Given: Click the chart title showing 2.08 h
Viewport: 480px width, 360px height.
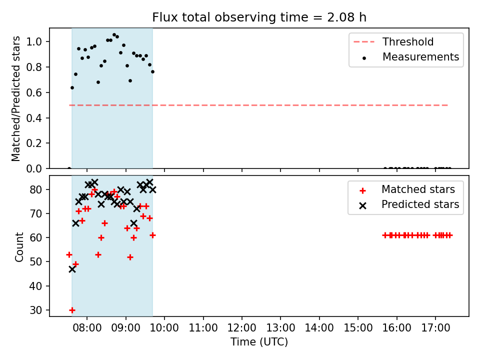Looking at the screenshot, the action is pyautogui.click(x=259, y=17).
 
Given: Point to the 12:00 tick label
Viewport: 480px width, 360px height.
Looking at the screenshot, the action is pyautogui.click(x=242, y=328).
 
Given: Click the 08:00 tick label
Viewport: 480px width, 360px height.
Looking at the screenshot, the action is pyautogui.click(x=87, y=328).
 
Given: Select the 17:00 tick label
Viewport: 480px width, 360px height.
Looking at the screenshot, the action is pyautogui.click(x=435, y=328).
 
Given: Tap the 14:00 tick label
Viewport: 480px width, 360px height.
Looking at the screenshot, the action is pyautogui.click(x=319, y=328).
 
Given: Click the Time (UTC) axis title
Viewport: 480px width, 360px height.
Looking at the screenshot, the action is pyautogui.click(x=259, y=342).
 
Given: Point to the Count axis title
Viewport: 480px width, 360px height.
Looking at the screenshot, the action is pyautogui.click(x=19, y=247).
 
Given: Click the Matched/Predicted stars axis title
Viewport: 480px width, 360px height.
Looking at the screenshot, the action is pyautogui.click(x=16, y=98).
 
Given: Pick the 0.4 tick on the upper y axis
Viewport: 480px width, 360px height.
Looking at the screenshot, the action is pyautogui.click(x=34, y=118).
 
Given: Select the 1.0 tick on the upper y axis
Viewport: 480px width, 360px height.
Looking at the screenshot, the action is pyautogui.click(x=34, y=41).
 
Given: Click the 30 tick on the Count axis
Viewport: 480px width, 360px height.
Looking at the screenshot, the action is pyautogui.click(x=36, y=310).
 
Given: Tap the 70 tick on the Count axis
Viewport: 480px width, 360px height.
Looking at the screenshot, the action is pyautogui.click(x=36, y=213).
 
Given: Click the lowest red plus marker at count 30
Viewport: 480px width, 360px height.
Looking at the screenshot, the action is pyautogui.click(x=72, y=310).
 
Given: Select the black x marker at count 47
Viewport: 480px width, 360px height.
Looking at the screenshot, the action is pyautogui.click(x=72, y=269).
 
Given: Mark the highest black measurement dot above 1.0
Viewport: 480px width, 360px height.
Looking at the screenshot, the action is pyautogui.click(x=114, y=35).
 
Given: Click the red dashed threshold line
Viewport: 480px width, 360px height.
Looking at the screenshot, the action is pyautogui.click(x=258, y=105).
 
